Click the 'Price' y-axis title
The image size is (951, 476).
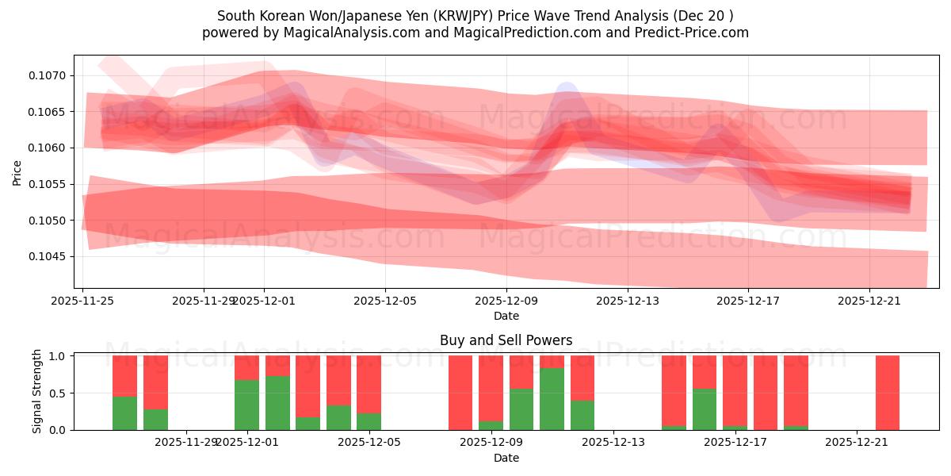(x=17, y=171)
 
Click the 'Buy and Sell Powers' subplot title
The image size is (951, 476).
(x=506, y=340)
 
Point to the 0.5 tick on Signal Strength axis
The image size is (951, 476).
(x=60, y=393)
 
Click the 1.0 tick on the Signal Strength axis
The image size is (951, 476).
(x=60, y=356)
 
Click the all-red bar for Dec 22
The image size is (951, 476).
(x=888, y=393)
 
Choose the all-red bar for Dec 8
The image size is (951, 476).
(x=460, y=393)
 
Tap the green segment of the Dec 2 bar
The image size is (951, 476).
(x=277, y=403)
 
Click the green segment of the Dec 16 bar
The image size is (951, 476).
(x=705, y=409)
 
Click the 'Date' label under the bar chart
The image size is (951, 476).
(x=506, y=458)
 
